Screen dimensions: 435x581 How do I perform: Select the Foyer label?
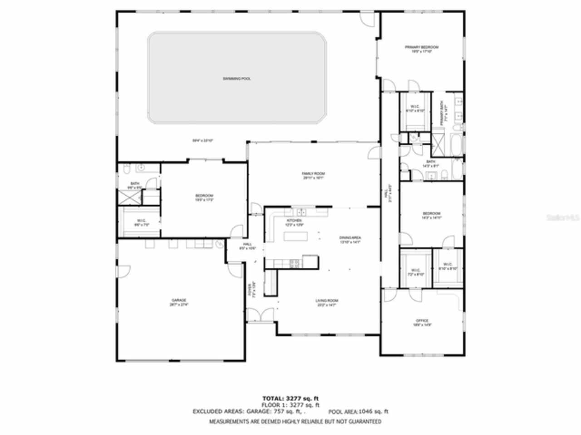pyautogui.click(x=250, y=290)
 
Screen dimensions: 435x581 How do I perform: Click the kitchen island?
pyautogui.click(x=295, y=236)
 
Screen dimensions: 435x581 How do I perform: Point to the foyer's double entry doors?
pyautogui.click(x=261, y=315)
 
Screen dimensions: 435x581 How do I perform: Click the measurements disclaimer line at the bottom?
pyautogui.click(x=295, y=421)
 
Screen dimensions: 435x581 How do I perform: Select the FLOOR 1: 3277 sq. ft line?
pyautogui.click(x=290, y=405)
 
